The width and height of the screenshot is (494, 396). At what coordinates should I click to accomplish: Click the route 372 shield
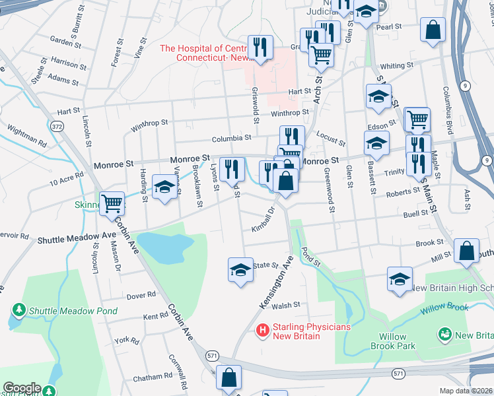click(x=59, y=126)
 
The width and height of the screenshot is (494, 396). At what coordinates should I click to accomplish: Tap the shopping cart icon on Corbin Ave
click(x=112, y=203)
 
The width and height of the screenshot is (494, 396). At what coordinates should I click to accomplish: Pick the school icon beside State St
click(x=240, y=269)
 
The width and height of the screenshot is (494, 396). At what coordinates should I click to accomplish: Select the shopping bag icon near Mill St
click(x=467, y=251)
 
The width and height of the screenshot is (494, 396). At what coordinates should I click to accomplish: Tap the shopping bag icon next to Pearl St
click(x=433, y=30)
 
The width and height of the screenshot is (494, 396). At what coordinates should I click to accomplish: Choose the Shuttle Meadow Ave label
click(x=77, y=240)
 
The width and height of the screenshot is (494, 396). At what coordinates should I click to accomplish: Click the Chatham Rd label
click(x=153, y=378)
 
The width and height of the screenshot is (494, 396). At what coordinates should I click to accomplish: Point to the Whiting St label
click(x=396, y=66)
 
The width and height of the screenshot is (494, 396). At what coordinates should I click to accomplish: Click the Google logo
click(x=22, y=388)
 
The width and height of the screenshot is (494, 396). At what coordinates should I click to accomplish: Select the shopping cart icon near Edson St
click(x=417, y=119)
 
